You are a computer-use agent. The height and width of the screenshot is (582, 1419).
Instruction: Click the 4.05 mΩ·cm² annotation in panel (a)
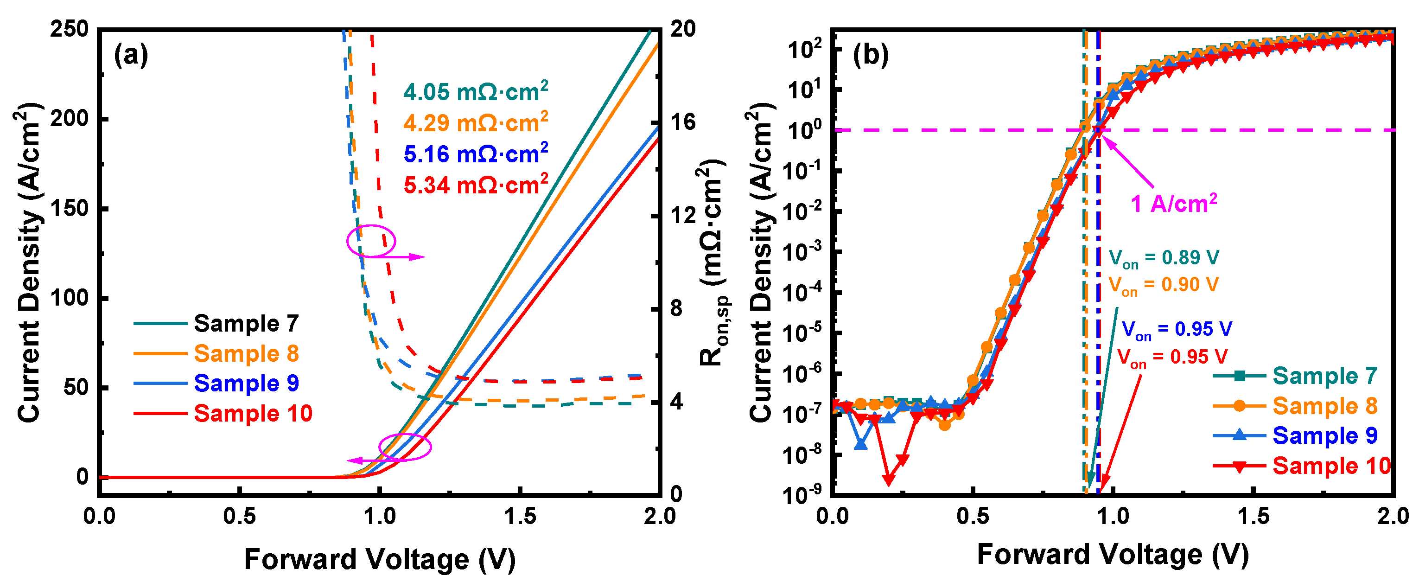tap(475, 91)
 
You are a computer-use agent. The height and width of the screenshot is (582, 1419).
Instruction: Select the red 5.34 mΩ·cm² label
tap(475, 185)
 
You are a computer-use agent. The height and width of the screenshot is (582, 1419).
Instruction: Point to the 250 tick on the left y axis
tap(70, 29)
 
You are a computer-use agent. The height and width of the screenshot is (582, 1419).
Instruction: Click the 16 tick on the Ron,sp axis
tap(682, 122)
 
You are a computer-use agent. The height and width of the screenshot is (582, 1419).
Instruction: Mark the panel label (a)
tap(131, 55)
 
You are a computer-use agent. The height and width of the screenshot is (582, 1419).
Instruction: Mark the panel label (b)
tap(870, 55)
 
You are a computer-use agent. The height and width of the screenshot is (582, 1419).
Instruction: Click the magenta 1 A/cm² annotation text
tap(1173, 204)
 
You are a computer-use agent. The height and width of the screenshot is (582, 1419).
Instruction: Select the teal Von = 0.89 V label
tap(1164, 257)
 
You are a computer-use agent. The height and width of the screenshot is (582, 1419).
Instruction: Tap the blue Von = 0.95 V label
tap(1176, 330)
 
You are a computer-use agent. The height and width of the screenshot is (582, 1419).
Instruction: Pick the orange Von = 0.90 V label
tap(1164, 285)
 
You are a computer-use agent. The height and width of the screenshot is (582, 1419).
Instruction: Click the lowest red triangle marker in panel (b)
tap(888, 479)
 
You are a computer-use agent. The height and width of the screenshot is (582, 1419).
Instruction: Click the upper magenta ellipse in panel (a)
tap(371, 241)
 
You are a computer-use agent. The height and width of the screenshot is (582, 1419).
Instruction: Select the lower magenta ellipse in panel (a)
tap(405, 447)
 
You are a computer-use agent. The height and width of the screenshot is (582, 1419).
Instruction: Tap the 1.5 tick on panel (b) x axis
tap(1253, 517)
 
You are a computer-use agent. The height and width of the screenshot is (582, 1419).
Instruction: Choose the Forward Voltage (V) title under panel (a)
tap(380, 560)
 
